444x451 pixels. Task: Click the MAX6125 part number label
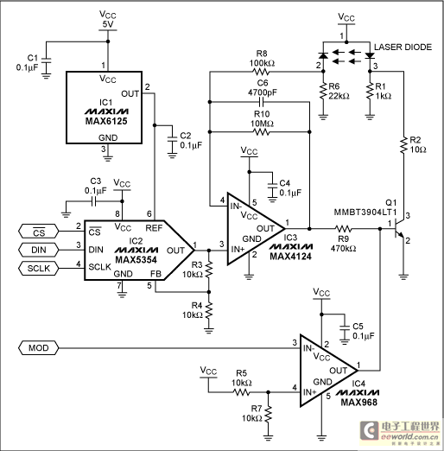pyautogui.click(x=106, y=121)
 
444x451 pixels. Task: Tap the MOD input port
pyautogui.click(x=38, y=348)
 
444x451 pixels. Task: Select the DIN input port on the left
pyautogui.click(x=38, y=250)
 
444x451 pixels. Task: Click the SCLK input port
pyautogui.click(x=38, y=269)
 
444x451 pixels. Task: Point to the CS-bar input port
pyautogui.click(x=38, y=232)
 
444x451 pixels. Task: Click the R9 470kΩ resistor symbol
pyautogui.click(x=343, y=229)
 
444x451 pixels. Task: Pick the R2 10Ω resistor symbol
pyautogui.click(x=403, y=145)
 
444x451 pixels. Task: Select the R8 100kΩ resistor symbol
pyautogui.click(x=260, y=72)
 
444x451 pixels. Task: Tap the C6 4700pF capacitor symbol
pyautogui.click(x=262, y=102)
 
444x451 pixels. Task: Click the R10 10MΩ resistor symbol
pyautogui.click(x=261, y=132)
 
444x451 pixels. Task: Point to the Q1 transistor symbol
pyautogui.click(x=399, y=229)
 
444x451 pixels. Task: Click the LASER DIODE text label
pyautogui.click(x=403, y=47)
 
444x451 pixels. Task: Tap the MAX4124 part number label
pyautogui.click(x=290, y=256)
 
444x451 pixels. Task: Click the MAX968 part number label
pyautogui.click(x=359, y=402)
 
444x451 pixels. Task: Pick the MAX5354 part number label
pyautogui.click(x=136, y=260)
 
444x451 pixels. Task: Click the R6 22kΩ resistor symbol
pyautogui.click(x=323, y=91)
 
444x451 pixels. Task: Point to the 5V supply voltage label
pyautogui.click(x=108, y=24)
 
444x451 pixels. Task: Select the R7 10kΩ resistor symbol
pyautogui.click(x=268, y=414)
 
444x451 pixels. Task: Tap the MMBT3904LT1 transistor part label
pyautogui.click(x=365, y=213)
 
